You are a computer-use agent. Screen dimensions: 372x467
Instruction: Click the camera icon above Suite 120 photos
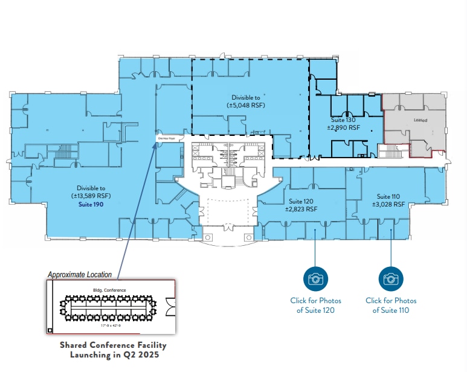[315, 278]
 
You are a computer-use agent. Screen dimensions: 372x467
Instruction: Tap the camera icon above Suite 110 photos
[390, 278]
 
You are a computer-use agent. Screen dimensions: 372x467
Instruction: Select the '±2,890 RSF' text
[343, 127]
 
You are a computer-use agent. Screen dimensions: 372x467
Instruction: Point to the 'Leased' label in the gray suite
[420, 120]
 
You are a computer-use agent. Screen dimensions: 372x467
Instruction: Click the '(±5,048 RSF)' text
[246, 105]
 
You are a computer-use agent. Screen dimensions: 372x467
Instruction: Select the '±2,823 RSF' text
[301, 209]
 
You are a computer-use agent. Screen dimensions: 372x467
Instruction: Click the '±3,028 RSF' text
[388, 205]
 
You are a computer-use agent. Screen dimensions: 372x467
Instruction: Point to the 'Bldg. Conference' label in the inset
[109, 290]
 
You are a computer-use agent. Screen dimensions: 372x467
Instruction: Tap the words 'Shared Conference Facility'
[112, 345]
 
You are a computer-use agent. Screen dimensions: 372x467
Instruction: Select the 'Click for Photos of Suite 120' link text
[315, 306]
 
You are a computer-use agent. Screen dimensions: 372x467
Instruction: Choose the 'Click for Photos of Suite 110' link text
[391, 306]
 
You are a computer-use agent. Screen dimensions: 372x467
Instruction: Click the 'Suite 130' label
[343, 120]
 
